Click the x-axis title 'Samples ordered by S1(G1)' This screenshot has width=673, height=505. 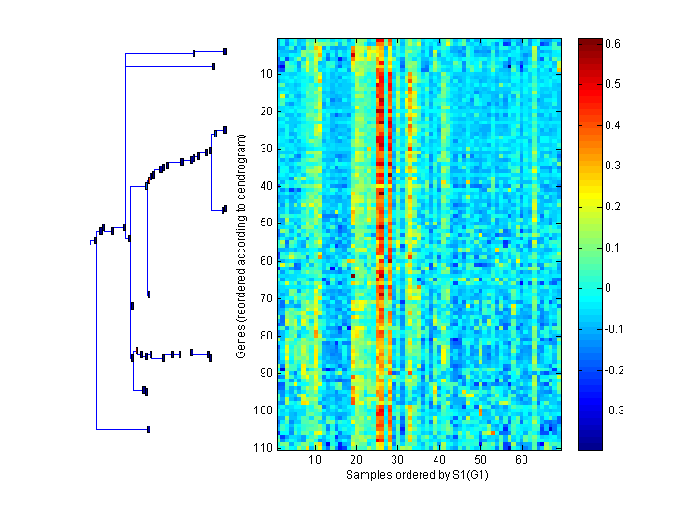pyautogui.click(x=419, y=475)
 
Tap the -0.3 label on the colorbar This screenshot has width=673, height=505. pyautogui.click(x=616, y=411)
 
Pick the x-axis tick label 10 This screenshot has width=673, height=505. pyautogui.click(x=316, y=461)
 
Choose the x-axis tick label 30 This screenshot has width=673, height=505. pyautogui.click(x=398, y=461)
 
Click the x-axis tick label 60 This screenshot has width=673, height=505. pyautogui.click(x=521, y=461)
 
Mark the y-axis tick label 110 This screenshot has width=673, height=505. pyautogui.click(x=261, y=447)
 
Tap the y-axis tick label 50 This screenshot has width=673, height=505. pyautogui.click(x=264, y=223)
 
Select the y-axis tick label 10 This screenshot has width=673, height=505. pyautogui.click(x=264, y=73)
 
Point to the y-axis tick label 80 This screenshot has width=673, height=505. pyautogui.click(x=264, y=335)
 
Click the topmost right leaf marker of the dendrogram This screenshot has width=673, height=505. pyautogui.click(x=225, y=50)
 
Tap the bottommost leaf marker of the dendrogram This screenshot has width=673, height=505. pyautogui.click(x=149, y=429)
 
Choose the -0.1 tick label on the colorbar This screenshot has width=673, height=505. pyautogui.click(x=616, y=329)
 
